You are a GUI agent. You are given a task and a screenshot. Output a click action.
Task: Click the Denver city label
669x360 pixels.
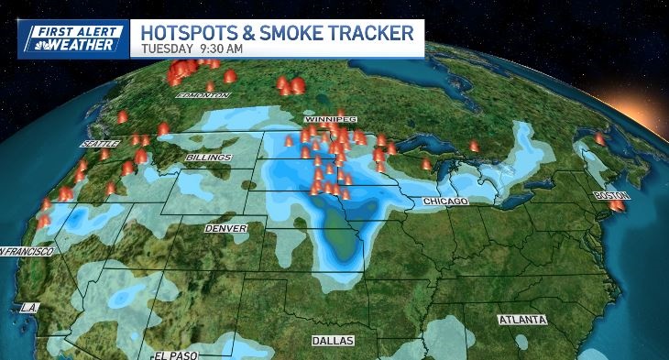225,227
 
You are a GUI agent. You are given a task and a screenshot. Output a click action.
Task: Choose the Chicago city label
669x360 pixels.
445,201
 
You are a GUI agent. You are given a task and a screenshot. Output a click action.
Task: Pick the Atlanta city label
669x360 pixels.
521,320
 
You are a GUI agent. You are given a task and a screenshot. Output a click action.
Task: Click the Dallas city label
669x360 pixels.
331,340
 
